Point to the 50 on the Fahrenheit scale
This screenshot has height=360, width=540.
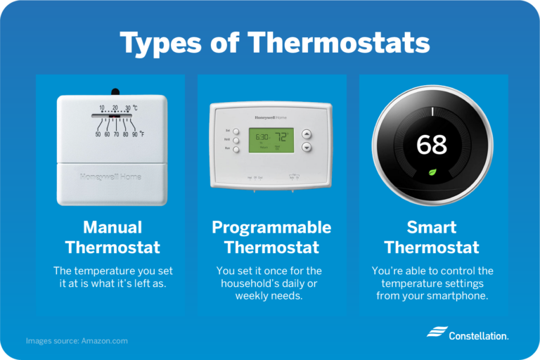98,134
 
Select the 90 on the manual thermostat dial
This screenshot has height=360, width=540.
134,134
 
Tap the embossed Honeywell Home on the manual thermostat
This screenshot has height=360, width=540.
111,176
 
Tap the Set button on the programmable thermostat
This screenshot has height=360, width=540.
236,131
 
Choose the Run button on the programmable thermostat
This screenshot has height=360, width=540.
236,149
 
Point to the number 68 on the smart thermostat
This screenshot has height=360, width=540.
432,145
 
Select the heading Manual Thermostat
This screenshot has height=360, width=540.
112,238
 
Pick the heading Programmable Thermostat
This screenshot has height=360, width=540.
271,238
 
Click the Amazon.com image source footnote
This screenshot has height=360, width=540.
77,340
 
